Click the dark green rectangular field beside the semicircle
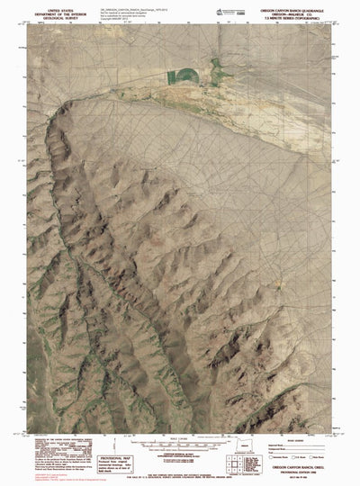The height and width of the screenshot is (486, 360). click(x=216, y=67)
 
